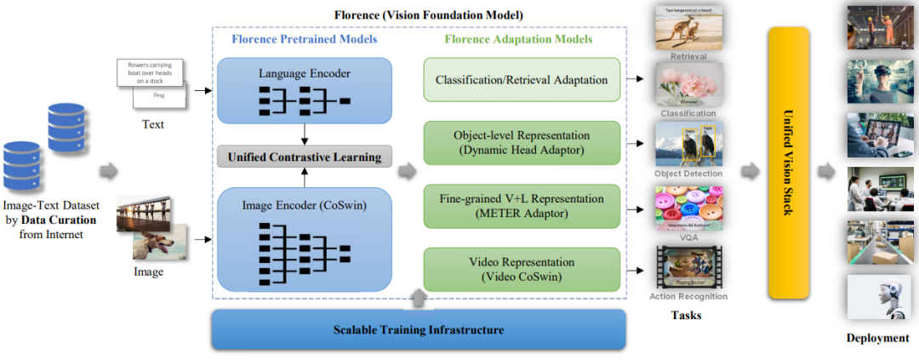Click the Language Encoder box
(x=304, y=89)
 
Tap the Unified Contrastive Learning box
(x=304, y=157)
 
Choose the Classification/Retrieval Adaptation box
(x=522, y=80)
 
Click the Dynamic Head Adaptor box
(x=522, y=142)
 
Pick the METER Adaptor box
(x=522, y=206)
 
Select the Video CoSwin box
(x=522, y=269)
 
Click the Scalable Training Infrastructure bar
(x=418, y=329)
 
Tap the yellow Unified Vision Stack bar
(x=788, y=162)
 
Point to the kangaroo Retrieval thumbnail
(x=688, y=31)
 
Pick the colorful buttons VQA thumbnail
(x=688, y=207)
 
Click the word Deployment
(x=877, y=338)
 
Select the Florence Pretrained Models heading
(x=305, y=38)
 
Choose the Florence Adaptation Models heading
(x=519, y=38)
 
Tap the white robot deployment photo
(x=873, y=297)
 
